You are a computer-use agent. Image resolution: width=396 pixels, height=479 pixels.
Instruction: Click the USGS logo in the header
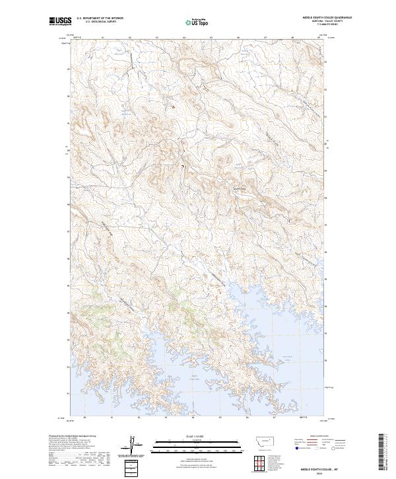(x=60, y=22)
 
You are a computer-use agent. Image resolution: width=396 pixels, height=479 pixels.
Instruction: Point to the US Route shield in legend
(x=317, y=449)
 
